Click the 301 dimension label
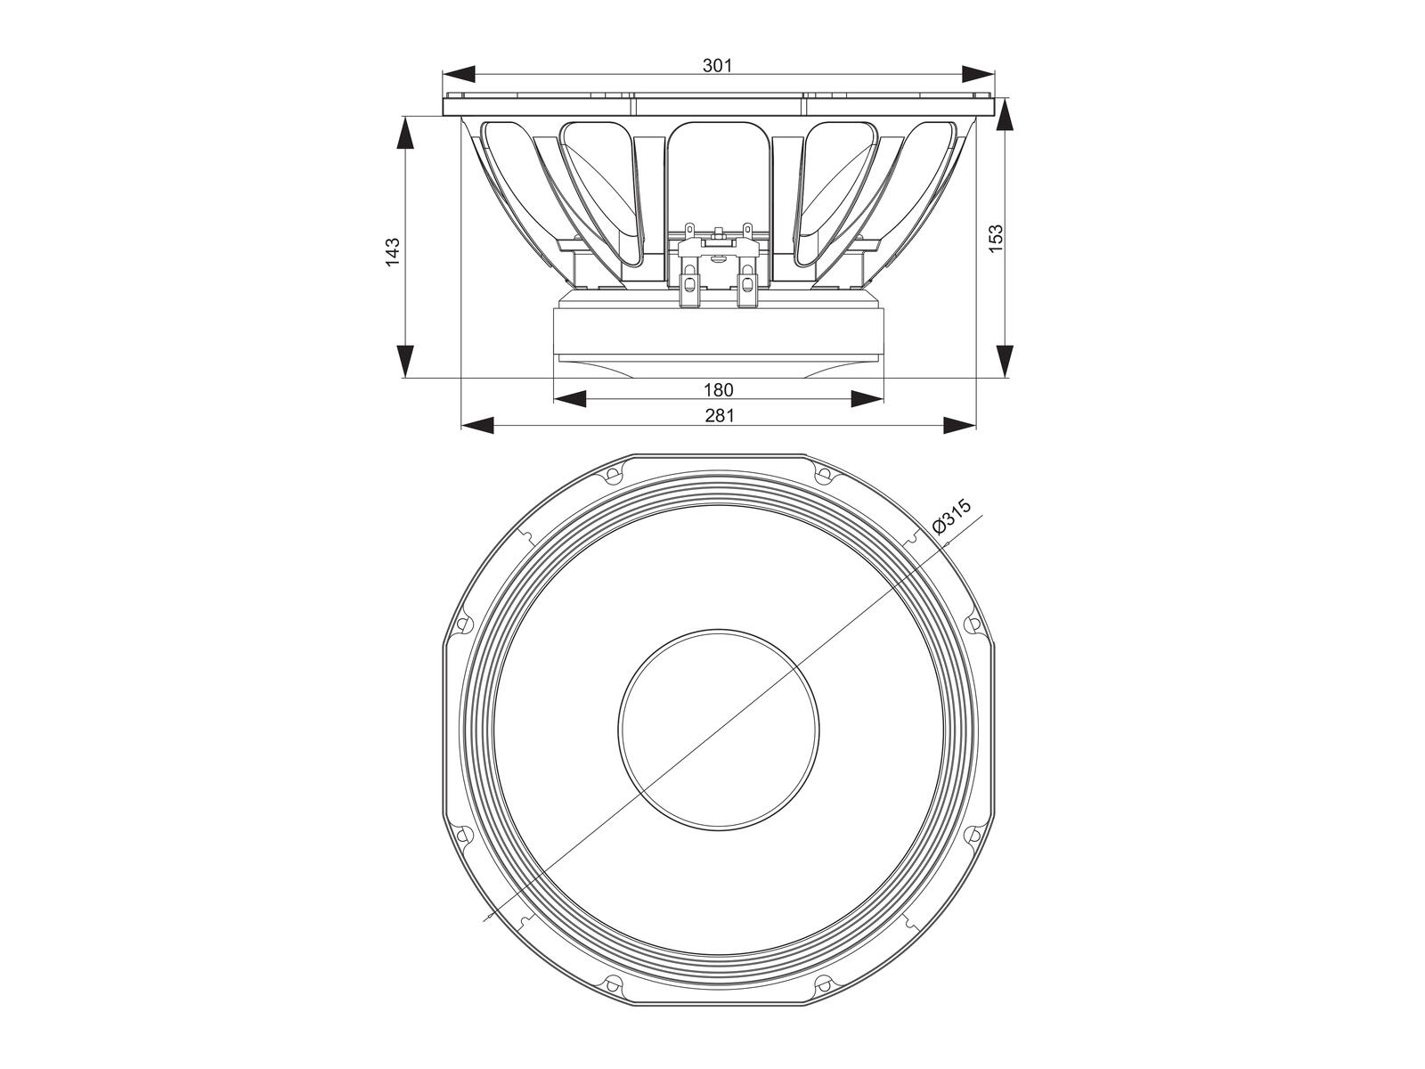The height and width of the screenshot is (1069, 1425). coord(717,65)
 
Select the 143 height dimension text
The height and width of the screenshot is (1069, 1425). coord(393,251)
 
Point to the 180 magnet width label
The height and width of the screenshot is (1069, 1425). coord(718,390)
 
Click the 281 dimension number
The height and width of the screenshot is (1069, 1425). coord(718,416)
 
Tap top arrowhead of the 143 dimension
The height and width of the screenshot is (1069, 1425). coord(404,134)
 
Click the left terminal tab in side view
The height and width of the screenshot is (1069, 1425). coord(688,289)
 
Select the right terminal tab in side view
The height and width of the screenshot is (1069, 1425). coord(746,289)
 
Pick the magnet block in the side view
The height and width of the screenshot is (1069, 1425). coord(718,331)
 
